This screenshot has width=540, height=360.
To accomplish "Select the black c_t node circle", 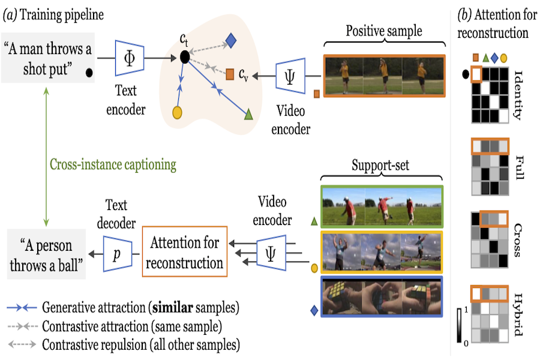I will (x=185, y=58).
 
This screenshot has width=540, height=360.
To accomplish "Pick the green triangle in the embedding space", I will (x=248, y=113).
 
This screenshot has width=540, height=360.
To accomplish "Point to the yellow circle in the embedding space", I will (x=177, y=112).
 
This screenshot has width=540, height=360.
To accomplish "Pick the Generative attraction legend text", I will (x=141, y=308).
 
